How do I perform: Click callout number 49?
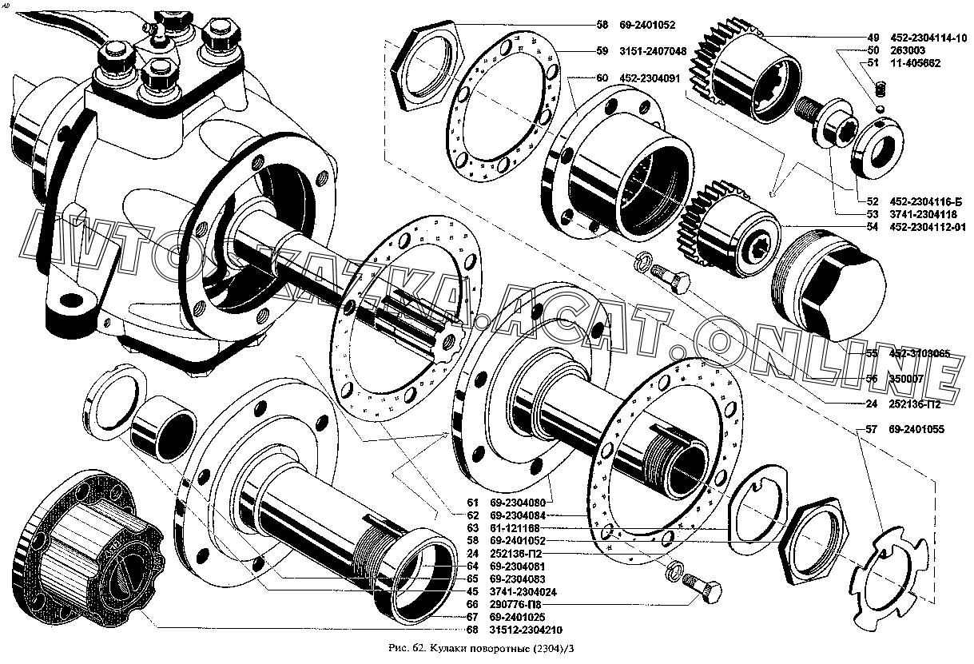(x=873, y=37)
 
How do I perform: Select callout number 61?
(x=472, y=503)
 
